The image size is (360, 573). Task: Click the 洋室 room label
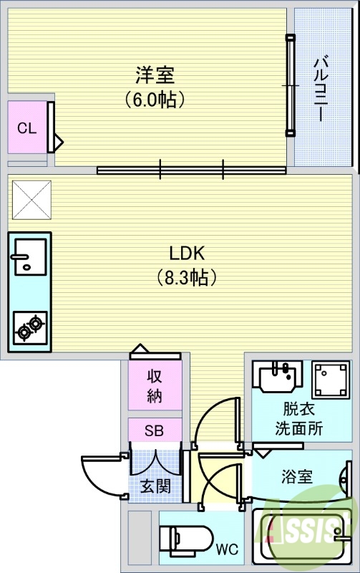point(155,74)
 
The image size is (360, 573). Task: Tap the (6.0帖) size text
point(155,98)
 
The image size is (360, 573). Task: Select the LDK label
point(187,253)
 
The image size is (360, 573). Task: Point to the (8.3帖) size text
point(187,277)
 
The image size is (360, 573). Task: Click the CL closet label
point(26,128)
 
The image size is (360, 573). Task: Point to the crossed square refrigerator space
point(31,198)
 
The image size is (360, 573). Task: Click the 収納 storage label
point(155,385)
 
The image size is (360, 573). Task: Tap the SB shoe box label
point(154,430)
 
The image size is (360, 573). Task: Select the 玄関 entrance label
point(155,486)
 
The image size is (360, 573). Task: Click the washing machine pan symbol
point(331,378)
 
